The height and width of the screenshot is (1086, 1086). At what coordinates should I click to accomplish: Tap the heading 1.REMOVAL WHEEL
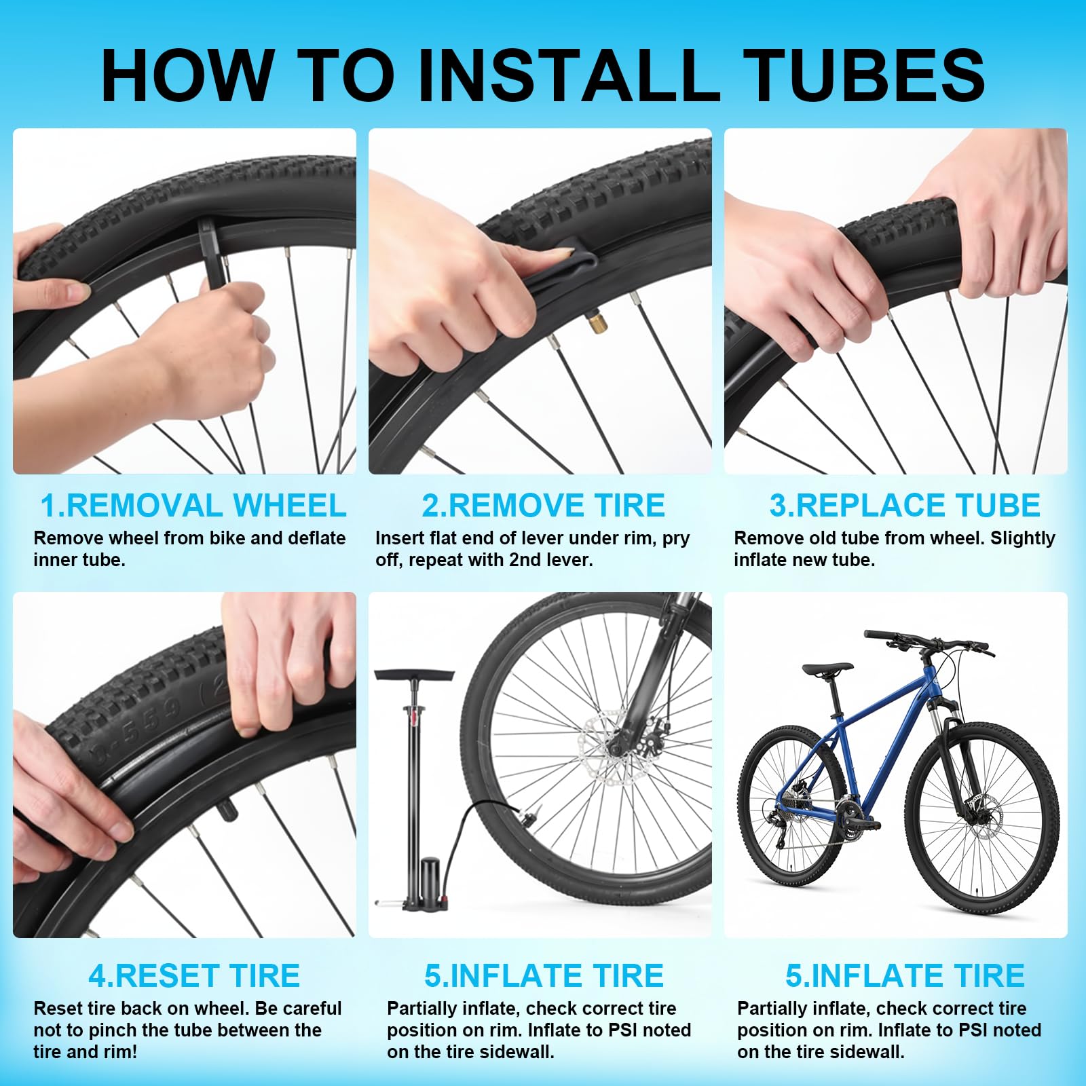pyautogui.click(x=193, y=506)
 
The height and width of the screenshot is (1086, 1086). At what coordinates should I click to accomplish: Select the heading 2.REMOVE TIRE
pyautogui.click(x=543, y=506)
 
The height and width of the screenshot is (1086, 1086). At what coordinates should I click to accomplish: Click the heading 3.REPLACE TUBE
pyautogui.click(x=904, y=506)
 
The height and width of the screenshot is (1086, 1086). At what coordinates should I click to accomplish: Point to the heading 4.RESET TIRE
pyautogui.click(x=194, y=976)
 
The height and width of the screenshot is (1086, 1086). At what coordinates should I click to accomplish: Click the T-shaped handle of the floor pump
pyautogui.click(x=414, y=675)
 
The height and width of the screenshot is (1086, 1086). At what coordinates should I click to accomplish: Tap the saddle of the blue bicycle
pyautogui.click(x=827, y=669)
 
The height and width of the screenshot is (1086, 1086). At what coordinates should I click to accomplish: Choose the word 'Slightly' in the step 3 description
pyautogui.click(x=1022, y=538)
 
